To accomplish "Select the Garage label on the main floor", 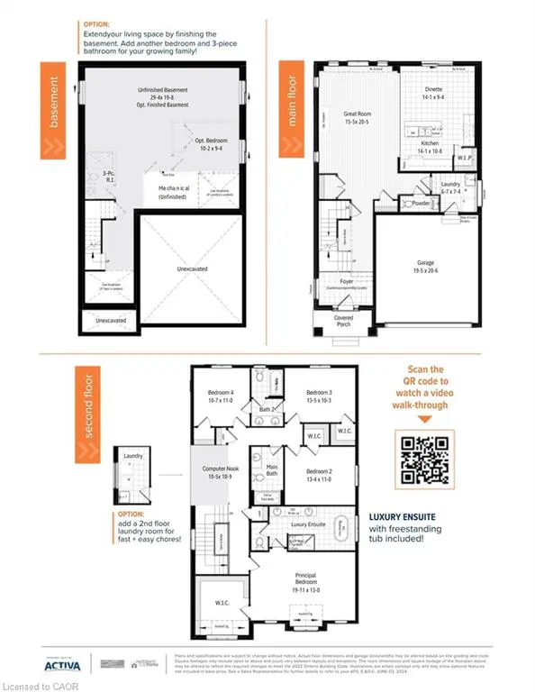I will [424, 267].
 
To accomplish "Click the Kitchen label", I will [430, 147].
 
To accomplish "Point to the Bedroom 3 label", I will [319, 397].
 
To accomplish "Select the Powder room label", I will [421, 204].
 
